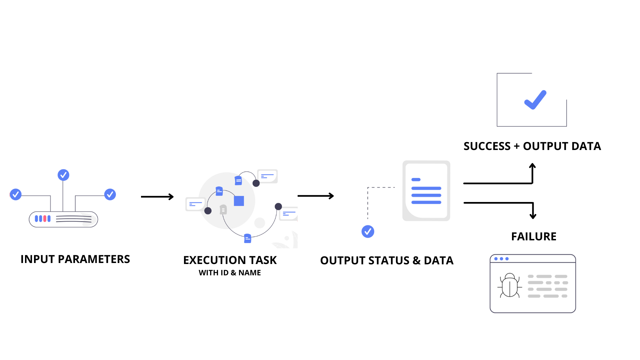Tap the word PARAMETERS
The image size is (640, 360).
[94, 259]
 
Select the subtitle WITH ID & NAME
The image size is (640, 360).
[230, 273]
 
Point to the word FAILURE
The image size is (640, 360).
[534, 237]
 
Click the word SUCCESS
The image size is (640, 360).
[487, 146]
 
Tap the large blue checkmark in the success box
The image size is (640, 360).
[535, 100]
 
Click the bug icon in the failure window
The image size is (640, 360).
[510, 286]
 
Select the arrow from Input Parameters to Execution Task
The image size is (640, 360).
[157, 197]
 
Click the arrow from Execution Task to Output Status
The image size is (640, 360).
[315, 196]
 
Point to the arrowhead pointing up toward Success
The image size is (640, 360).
[532, 165]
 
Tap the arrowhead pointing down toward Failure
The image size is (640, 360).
[533, 216]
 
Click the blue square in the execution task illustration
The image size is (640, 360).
[239, 201]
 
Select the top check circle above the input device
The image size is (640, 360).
[63, 175]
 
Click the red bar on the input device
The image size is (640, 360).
[45, 219]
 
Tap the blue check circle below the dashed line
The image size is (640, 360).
[368, 231]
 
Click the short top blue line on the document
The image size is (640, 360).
[416, 180]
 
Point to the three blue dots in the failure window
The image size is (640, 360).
[501, 259]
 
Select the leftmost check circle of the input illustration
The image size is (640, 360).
[16, 194]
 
